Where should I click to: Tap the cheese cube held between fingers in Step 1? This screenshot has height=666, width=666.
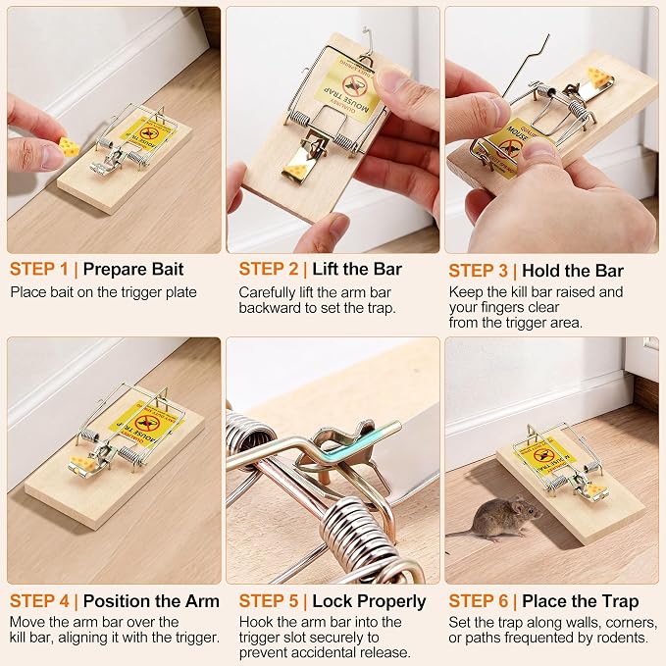pyautogui.click(x=69, y=146)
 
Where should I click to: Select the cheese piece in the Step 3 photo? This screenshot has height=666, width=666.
pyautogui.click(x=599, y=77)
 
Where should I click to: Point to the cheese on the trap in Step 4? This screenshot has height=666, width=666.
pyautogui.click(x=84, y=464)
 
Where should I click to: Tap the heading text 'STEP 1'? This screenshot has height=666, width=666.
pyautogui.click(x=39, y=270)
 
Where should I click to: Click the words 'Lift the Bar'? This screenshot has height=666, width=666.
pyautogui.click(x=357, y=270)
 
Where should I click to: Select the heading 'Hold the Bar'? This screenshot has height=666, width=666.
pyautogui.click(x=573, y=271)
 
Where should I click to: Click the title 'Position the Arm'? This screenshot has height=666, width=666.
pyautogui.click(x=151, y=601)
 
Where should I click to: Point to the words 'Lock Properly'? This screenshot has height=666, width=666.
pyautogui.click(x=369, y=602)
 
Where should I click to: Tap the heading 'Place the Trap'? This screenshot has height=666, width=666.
pyautogui.click(x=581, y=601)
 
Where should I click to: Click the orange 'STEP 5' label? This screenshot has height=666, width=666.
pyautogui.click(x=269, y=601)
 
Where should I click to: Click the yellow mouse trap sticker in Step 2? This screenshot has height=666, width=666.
pyautogui.click(x=347, y=92)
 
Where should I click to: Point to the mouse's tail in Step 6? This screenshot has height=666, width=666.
pyautogui.click(x=462, y=533)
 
